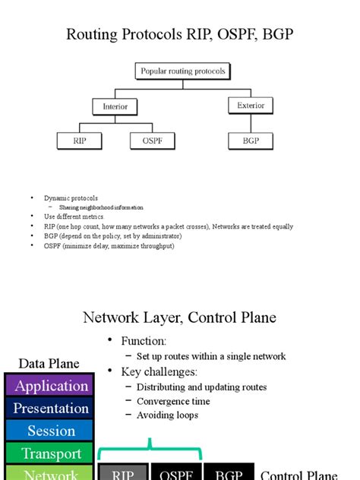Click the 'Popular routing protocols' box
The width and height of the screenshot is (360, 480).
click(x=182, y=72)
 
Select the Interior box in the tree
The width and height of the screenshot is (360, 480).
click(x=115, y=107)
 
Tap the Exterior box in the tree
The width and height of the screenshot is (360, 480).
click(x=251, y=105)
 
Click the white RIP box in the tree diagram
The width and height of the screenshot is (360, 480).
click(x=79, y=141)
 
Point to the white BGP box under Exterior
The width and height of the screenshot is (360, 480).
click(x=251, y=141)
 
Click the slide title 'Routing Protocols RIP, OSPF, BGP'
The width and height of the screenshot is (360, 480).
click(x=180, y=34)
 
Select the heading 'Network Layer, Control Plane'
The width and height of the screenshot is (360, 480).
click(x=179, y=317)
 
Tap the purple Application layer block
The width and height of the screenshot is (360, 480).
click(x=51, y=386)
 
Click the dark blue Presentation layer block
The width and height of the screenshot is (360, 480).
click(x=51, y=409)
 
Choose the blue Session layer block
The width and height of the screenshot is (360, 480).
click(x=51, y=431)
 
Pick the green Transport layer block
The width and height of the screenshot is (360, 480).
click(x=51, y=453)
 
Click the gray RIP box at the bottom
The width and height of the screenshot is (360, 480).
click(x=123, y=473)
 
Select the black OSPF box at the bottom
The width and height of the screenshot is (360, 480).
click(x=176, y=473)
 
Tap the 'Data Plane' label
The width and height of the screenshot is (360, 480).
click(x=49, y=364)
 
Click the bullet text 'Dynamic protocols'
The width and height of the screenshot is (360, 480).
click(x=71, y=198)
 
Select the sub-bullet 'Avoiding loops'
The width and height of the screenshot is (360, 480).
click(x=167, y=415)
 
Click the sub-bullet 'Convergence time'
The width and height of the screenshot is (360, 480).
click(x=173, y=401)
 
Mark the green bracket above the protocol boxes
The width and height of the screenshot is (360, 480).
click(x=151, y=451)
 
